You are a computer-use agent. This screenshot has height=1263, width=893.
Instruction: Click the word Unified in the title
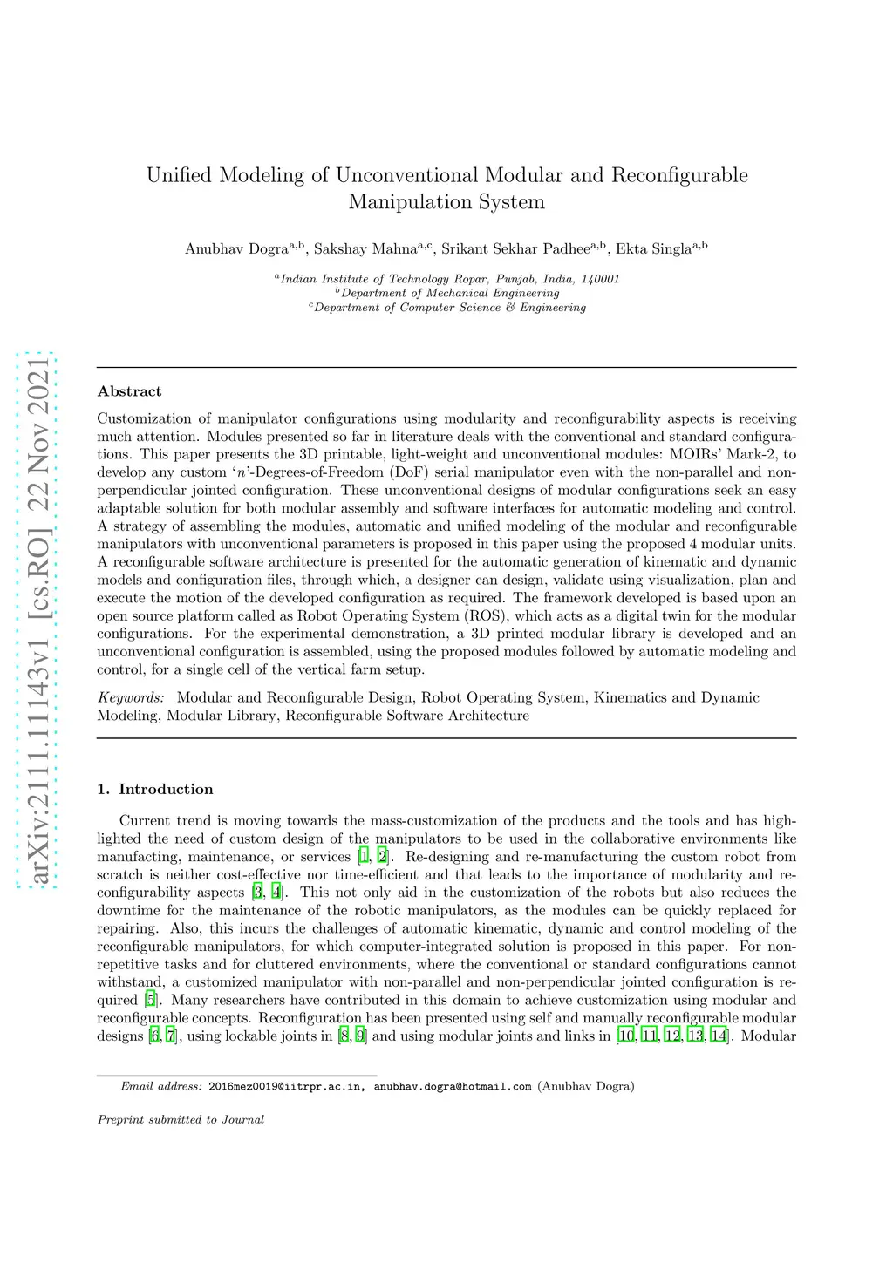click(x=179, y=175)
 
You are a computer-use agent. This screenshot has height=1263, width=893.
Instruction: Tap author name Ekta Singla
click(x=653, y=249)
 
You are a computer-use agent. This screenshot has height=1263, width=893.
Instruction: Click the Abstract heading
click(x=129, y=391)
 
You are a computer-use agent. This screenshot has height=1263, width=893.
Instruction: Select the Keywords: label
click(x=131, y=697)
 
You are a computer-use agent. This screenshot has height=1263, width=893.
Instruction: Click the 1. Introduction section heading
click(x=155, y=789)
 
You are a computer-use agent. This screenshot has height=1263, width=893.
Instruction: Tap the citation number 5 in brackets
click(x=151, y=1000)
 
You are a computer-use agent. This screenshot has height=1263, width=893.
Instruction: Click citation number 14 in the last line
click(x=719, y=1036)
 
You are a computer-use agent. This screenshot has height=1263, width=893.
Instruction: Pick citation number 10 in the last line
click(x=626, y=1036)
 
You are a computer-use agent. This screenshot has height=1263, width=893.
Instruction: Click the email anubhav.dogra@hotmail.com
click(x=453, y=1086)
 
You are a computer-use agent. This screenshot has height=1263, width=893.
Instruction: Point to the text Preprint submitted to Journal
click(x=181, y=1119)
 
